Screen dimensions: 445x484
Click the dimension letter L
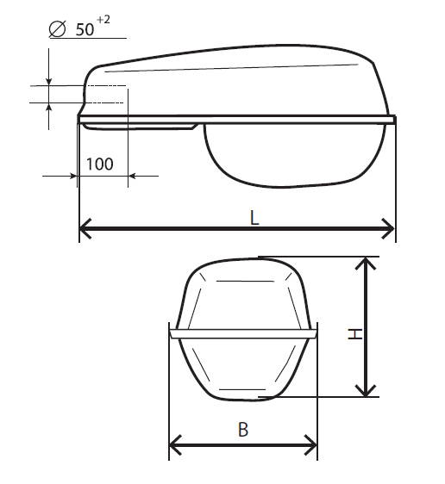click(x=254, y=218)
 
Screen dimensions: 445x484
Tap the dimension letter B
click(x=243, y=429)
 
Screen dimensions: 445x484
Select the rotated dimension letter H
click(x=355, y=334)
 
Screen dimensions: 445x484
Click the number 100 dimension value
click(x=99, y=164)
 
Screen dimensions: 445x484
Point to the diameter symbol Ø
click(x=58, y=29)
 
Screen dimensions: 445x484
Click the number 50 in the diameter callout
click(x=85, y=29)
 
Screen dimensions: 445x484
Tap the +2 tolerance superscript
click(x=103, y=20)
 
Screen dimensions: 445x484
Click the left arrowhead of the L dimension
click(x=85, y=228)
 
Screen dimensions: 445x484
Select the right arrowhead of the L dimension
click(x=388, y=228)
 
